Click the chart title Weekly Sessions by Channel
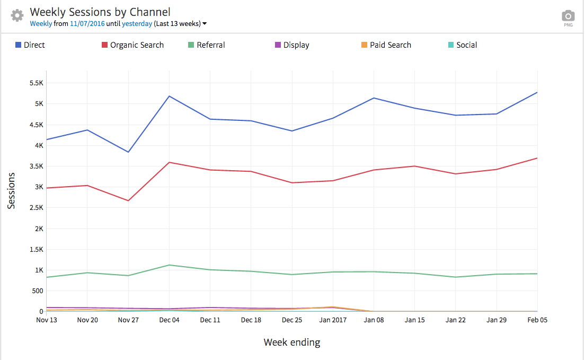click(x=100, y=12)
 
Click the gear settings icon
click(x=17, y=15)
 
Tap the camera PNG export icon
click(x=568, y=16)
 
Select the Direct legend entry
click(x=30, y=45)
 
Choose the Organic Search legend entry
click(x=132, y=45)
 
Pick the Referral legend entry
click(x=207, y=45)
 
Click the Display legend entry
click(x=292, y=45)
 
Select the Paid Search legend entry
click(x=386, y=45)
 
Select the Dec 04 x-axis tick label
click(x=169, y=320)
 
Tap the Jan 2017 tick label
click(x=333, y=320)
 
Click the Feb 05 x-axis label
click(x=537, y=320)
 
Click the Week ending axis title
click(x=292, y=343)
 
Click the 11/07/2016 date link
click(x=87, y=24)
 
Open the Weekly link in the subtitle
click(x=41, y=24)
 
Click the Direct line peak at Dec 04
click(x=169, y=96)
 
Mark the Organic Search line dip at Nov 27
click(x=128, y=200)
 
